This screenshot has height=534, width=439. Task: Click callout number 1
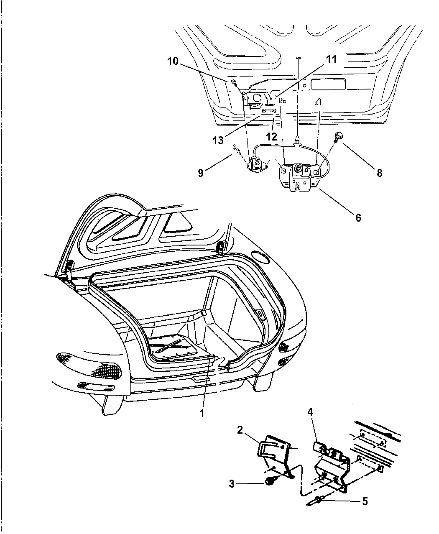202,413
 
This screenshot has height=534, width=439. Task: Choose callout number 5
365,501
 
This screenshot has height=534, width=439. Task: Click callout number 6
358,217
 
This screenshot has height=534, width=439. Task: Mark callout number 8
379,172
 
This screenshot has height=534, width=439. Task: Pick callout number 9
201,172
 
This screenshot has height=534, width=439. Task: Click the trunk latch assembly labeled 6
299,178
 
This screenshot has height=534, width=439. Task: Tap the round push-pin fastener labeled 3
268,482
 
